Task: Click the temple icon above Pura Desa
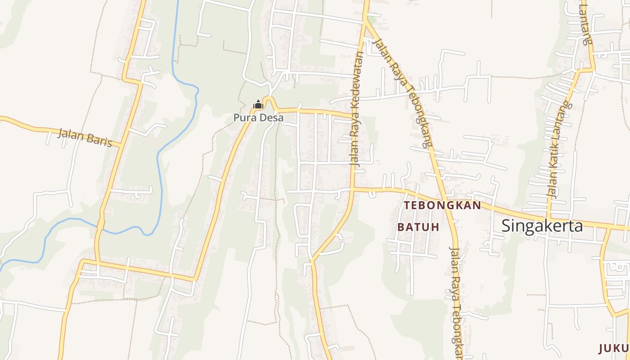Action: click(258, 105)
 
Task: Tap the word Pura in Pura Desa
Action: click(243, 118)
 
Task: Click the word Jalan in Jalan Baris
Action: click(72, 135)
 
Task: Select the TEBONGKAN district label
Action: click(442, 206)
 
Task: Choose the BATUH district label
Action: click(418, 227)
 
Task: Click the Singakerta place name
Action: click(542, 225)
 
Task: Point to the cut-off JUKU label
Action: click(614, 348)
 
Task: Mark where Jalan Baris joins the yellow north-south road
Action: click(121, 145)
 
